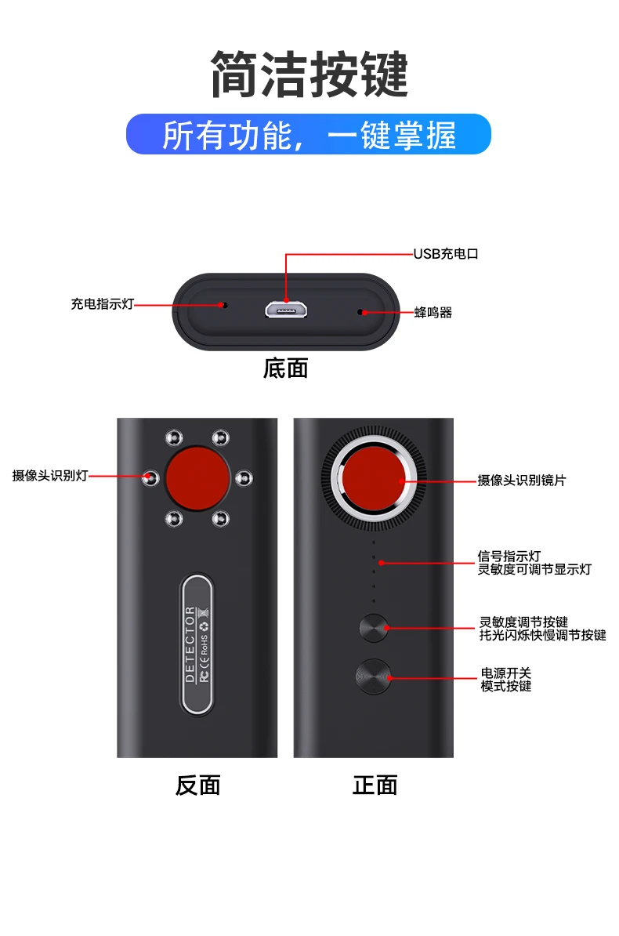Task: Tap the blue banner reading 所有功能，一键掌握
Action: coord(309,135)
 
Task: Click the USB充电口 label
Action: coord(445,254)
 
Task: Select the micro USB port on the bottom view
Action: coord(285,310)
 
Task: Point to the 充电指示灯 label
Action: coord(103,304)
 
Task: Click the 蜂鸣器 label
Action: coord(433,312)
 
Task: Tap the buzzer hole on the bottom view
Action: coord(360,312)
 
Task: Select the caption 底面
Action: coord(285,368)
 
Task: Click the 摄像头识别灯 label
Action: coord(50,476)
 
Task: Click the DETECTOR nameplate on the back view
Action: coord(197,644)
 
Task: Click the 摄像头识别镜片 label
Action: coord(521,480)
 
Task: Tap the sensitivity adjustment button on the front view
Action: coord(374,628)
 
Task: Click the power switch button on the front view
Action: coord(373,676)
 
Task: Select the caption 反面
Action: coord(197,785)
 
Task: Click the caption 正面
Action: coord(375,785)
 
